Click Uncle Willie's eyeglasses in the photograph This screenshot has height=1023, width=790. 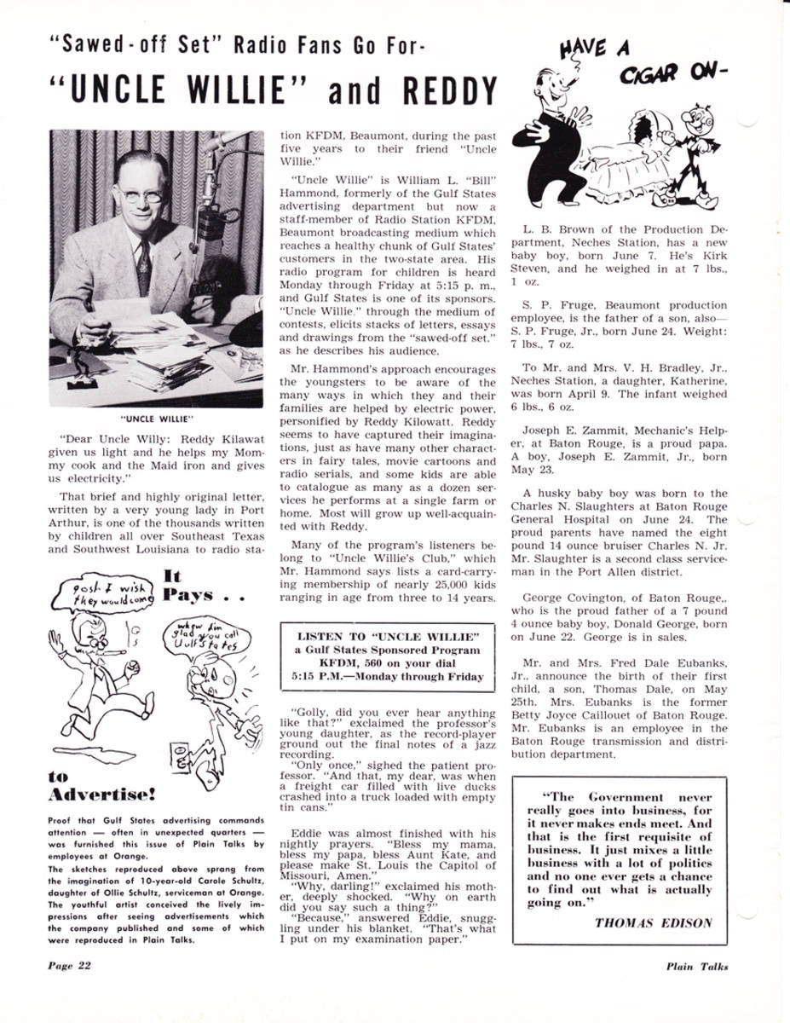(141, 194)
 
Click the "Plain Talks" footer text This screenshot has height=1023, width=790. (697, 966)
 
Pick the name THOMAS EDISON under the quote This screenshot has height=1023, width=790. (654, 922)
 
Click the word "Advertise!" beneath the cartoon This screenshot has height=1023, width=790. (102, 796)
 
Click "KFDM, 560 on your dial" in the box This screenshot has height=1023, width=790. (388, 664)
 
